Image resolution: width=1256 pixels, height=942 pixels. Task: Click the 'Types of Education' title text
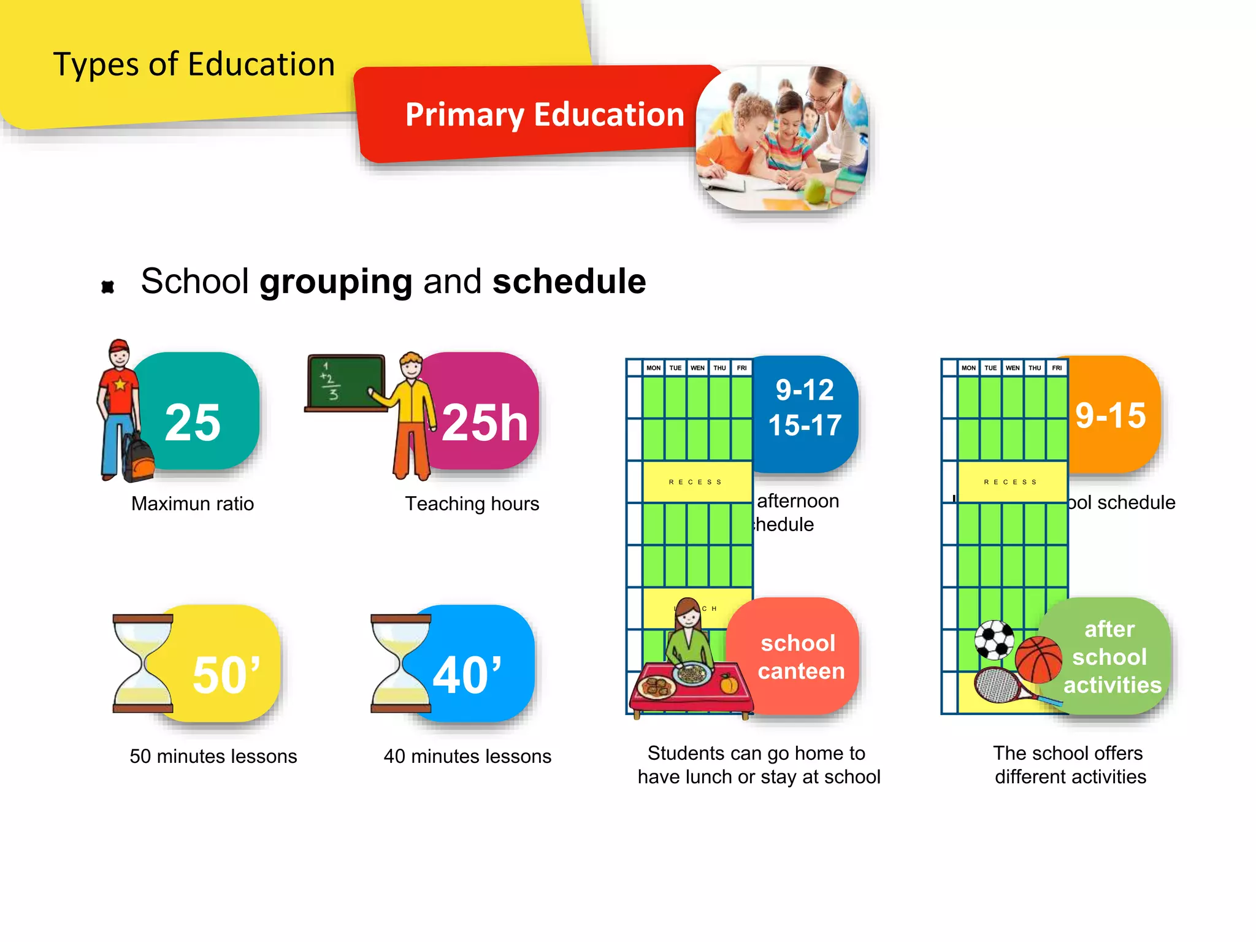click(x=194, y=64)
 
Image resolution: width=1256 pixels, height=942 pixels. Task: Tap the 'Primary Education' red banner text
click(x=544, y=115)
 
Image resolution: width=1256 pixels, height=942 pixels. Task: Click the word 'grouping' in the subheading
click(x=335, y=281)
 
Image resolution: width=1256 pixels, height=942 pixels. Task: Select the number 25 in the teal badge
click(x=193, y=423)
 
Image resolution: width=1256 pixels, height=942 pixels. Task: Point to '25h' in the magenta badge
click(x=484, y=423)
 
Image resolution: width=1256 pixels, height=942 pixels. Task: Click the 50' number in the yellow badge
click(x=226, y=675)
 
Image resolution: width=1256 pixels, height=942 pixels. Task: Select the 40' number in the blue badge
click(x=467, y=675)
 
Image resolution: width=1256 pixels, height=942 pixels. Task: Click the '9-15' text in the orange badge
click(x=1110, y=416)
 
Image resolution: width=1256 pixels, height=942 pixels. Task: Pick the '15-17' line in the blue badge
click(x=805, y=426)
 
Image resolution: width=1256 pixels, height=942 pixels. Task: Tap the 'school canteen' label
click(x=800, y=657)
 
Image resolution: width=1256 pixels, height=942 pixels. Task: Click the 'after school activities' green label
click(x=1111, y=657)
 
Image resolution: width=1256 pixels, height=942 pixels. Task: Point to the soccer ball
click(x=994, y=640)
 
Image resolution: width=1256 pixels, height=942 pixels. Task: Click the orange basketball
click(x=1038, y=659)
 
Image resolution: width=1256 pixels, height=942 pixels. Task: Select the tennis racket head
click(x=997, y=684)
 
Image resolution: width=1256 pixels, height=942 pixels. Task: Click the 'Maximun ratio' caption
click(x=193, y=504)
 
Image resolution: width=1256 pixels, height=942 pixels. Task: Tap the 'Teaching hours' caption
click(x=472, y=504)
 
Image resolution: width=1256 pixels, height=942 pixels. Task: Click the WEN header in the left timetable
click(x=697, y=368)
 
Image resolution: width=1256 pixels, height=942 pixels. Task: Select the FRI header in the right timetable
click(x=1057, y=368)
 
